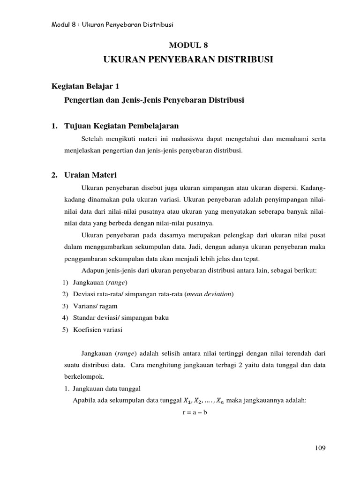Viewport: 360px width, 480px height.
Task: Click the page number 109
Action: [x=320, y=448]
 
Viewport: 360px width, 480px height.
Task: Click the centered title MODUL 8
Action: [x=187, y=45]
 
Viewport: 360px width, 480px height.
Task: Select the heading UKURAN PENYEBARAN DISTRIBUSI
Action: [x=187, y=60]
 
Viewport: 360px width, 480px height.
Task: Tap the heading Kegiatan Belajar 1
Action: [x=88, y=86]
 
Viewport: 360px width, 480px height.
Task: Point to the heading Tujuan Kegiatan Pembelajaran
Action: [x=119, y=126]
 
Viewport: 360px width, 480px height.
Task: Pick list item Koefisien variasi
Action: [x=97, y=330]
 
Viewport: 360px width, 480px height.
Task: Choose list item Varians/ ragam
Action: [x=95, y=306]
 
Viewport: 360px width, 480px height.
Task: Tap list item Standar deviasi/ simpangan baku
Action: [x=121, y=317]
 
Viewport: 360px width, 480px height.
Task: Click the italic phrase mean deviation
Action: [x=209, y=294]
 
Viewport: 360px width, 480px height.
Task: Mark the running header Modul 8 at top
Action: [x=66, y=24]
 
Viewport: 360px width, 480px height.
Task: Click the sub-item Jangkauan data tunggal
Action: [x=104, y=388]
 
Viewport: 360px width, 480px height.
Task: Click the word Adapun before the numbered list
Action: [x=92, y=270]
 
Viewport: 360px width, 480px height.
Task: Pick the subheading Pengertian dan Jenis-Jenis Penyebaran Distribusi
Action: [x=154, y=100]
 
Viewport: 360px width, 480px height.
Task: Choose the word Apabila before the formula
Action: [x=84, y=400]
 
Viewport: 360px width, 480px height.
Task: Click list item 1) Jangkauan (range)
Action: [x=100, y=282]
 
